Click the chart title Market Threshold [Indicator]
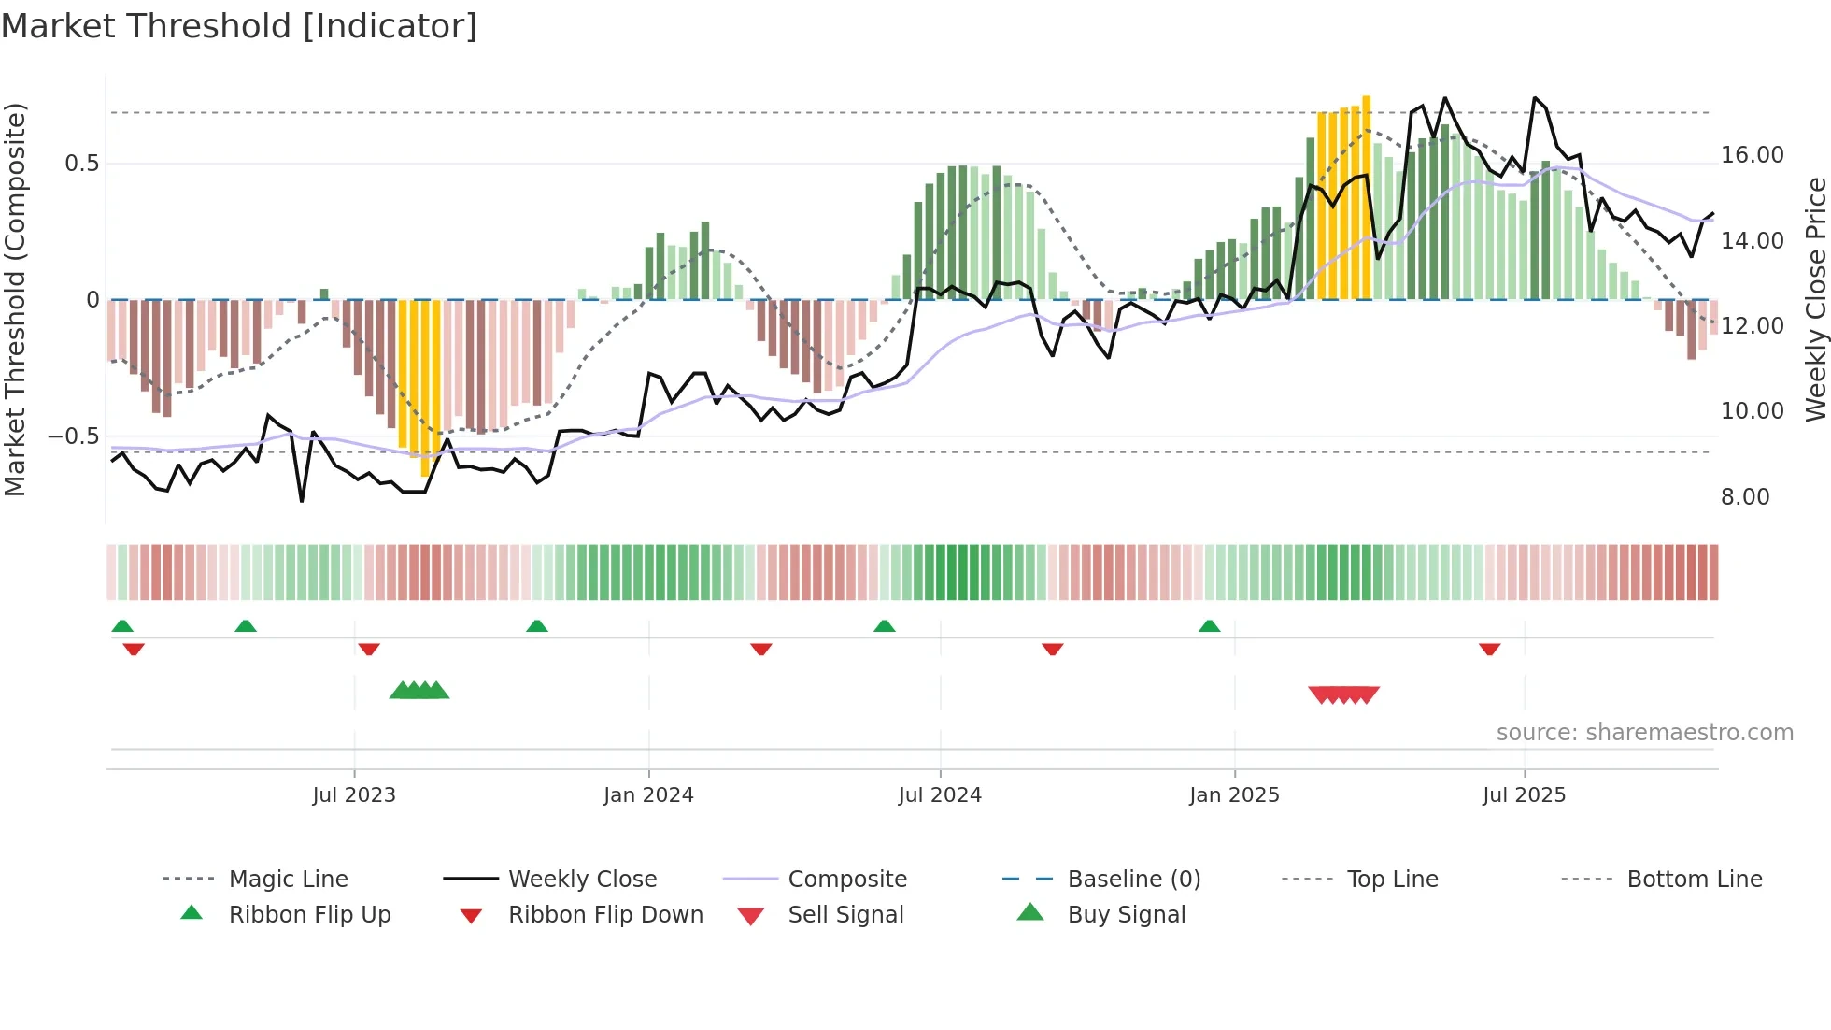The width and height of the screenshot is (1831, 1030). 239,26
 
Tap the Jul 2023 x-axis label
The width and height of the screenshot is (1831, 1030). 354,795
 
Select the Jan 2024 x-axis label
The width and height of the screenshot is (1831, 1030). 648,795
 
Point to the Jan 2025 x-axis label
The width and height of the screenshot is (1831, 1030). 1234,795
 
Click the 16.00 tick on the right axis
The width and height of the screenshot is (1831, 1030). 1752,155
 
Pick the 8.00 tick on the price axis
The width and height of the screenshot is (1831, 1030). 1744,497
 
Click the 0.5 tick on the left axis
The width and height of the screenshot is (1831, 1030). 81,164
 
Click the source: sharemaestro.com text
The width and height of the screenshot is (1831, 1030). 1644,733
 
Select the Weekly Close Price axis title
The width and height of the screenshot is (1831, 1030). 1815,299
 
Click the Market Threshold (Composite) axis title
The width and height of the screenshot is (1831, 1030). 15,299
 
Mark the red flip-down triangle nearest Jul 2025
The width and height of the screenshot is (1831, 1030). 1489,649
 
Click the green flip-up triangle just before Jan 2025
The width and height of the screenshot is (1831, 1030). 1209,626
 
